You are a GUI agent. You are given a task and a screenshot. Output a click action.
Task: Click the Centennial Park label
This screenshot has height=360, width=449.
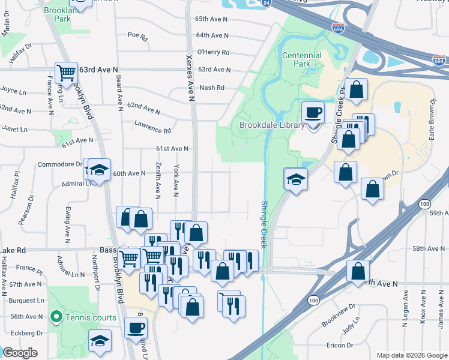click(301, 59)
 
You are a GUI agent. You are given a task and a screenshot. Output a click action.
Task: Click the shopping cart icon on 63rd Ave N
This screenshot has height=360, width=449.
click(66, 73)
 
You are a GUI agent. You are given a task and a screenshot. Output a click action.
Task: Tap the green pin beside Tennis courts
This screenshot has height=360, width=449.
click(56, 316)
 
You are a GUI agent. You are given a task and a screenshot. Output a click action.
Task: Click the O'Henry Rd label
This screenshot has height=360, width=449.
click(213, 52)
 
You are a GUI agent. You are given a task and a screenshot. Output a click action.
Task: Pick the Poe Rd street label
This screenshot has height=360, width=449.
click(137, 35)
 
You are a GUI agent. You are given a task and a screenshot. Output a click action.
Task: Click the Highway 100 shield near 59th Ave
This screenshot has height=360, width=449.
click(425, 205)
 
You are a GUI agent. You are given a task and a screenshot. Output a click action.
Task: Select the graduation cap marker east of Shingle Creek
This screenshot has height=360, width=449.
click(296, 179)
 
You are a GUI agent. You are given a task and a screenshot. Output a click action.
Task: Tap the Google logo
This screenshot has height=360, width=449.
click(20, 353)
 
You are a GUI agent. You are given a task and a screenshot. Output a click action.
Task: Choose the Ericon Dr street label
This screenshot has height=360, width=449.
click(340, 345)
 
